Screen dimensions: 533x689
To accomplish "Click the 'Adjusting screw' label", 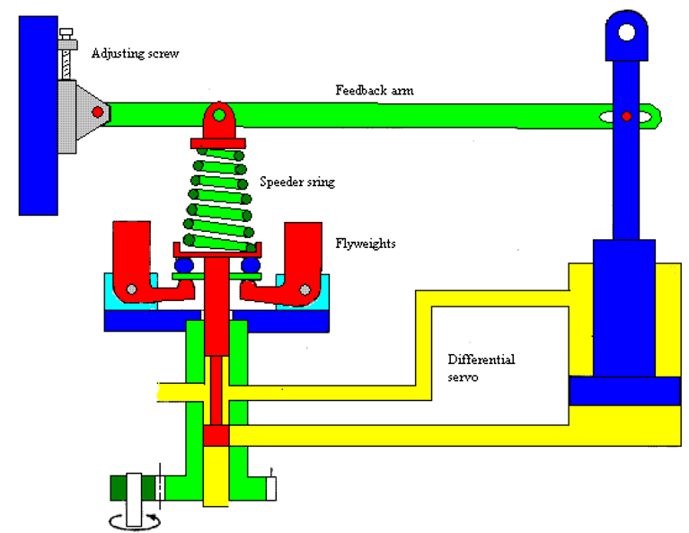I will click(136, 54).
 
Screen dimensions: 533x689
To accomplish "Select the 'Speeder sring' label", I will click(296, 182).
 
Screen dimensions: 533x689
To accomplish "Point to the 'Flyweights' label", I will click(364, 243).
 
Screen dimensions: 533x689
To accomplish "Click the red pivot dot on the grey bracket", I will click(97, 112).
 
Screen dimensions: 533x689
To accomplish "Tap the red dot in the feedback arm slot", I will click(627, 116).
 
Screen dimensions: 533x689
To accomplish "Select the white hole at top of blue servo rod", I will click(626, 33).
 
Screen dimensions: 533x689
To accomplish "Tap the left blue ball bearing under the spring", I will click(185, 266).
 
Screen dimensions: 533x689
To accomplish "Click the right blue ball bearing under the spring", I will click(249, 266).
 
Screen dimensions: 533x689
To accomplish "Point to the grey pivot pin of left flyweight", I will click(132, 289).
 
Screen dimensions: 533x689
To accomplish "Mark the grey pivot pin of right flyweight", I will click(305, 289).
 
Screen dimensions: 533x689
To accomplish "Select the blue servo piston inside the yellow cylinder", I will click(624, 391).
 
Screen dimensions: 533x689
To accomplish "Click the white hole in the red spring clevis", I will click(219, 116).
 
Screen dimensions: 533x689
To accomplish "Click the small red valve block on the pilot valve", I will click(216, 435).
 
